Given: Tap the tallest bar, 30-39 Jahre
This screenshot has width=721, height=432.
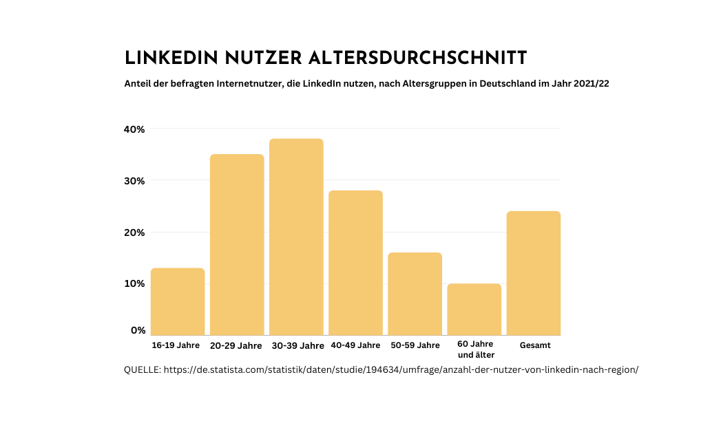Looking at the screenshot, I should (x=296, y=237).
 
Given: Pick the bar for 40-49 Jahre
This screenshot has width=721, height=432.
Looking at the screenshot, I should (x=355, y=263).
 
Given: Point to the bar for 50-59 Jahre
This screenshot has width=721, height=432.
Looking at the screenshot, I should (x=415, y=294).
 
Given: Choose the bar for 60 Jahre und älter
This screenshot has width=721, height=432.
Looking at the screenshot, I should (x=474, y=309).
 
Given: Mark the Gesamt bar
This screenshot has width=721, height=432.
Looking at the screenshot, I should (x=534, y=273).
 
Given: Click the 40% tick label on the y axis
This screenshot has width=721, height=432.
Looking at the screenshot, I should (x=134, y=129).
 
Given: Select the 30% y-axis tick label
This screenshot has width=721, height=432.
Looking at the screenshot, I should (x=134, y=181).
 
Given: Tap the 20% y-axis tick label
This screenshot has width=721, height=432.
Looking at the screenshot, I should (x=134, y=233).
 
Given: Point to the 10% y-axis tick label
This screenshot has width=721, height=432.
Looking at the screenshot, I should (x=134, y=283).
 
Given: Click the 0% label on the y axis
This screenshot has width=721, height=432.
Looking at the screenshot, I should (x=138, y=330).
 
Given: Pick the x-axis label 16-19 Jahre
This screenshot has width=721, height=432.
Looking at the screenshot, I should (x=177, y=345).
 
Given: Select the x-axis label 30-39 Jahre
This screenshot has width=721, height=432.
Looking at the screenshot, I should (x=296, y=345).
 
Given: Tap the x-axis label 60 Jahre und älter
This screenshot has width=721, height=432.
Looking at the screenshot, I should (x=475, y=349).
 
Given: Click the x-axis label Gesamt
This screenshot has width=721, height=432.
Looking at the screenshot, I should (x=535, y=345).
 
